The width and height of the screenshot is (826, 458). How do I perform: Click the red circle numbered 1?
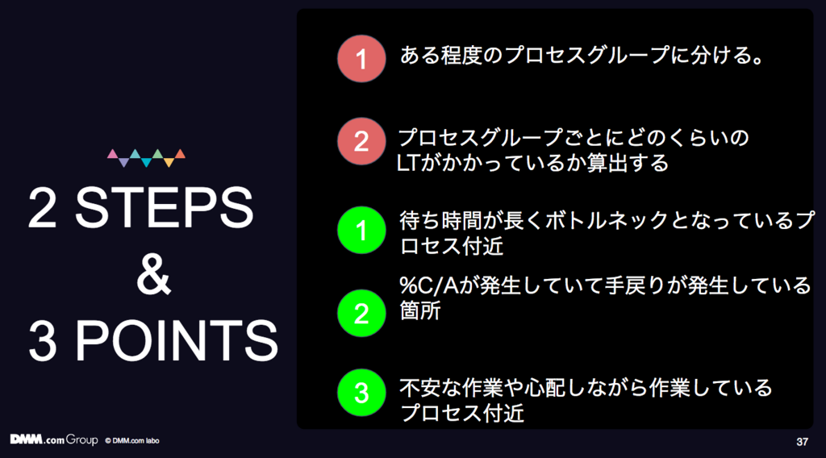[x=361, y=58]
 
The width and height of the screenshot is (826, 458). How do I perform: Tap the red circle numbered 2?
[x=361, y=141]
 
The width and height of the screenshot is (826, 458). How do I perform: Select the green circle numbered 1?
[x=361, y=230]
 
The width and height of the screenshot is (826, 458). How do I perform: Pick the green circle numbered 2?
[x=361, y=313]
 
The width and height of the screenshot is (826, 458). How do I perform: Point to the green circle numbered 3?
[x=361, y=393]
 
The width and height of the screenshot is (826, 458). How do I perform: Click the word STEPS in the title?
[x=165, y=208]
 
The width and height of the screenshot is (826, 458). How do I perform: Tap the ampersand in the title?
[x=153, y=274]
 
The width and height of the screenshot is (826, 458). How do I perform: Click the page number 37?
[x=802, y=442]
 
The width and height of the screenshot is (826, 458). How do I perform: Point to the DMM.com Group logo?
[x=54, y=439]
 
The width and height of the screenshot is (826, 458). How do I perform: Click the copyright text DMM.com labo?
[x=131, y=440]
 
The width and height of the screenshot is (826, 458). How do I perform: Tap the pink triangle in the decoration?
[x=112, y=154]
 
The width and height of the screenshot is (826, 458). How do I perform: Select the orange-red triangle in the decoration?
[x=180, y=154]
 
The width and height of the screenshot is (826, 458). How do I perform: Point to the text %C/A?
[x=429, y=286]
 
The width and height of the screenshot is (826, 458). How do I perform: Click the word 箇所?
[x=419, y=310]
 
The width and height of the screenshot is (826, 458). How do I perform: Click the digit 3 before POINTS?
[x=42, y=341]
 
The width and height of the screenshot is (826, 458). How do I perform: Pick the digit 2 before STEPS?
[x=42, y=208]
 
